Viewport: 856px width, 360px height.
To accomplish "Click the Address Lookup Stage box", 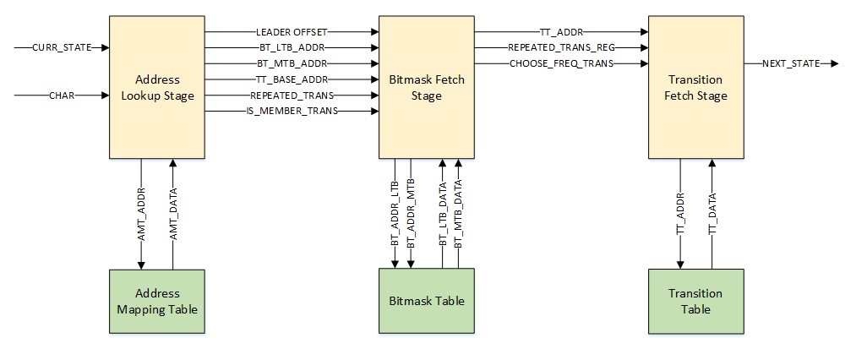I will pos(156,87).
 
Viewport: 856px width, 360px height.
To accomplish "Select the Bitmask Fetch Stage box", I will pos(426,87).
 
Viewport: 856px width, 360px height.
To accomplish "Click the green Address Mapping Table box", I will pos(156,302).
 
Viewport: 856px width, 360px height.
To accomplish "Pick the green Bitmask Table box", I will pos(426,301).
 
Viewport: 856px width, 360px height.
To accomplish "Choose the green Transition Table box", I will pos(695,302).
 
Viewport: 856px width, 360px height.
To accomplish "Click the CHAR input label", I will pos(61,96).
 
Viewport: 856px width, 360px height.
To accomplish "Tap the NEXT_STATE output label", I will pos(791,63).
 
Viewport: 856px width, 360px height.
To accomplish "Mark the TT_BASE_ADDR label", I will pos(291,79).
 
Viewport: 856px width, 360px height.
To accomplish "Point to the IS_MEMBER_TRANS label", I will pos(291,112).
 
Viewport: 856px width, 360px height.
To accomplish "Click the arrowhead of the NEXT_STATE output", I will pos(833,63).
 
